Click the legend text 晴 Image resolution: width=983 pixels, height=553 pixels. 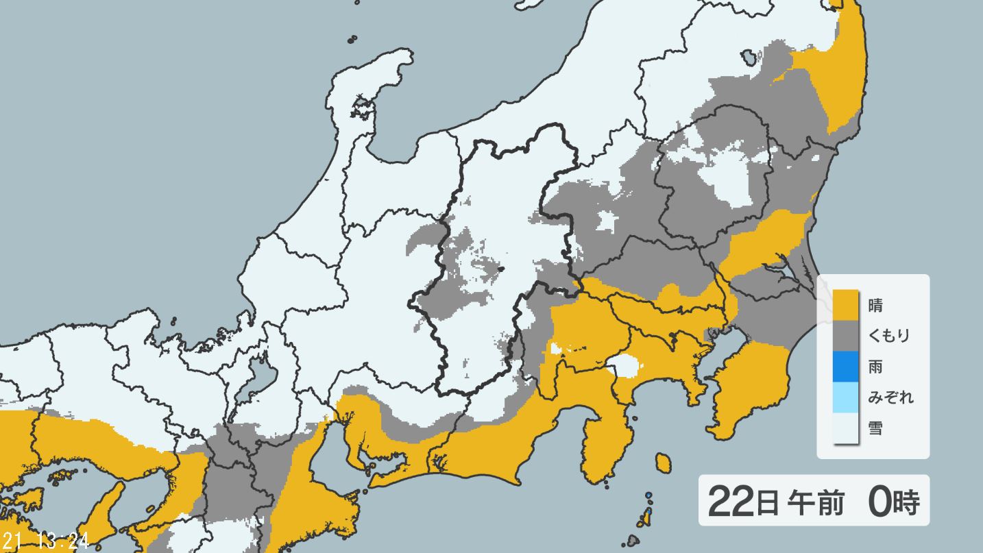pyautogui.click(x=875, y=304)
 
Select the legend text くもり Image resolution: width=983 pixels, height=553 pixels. pyautogui.click(x=889, y=335)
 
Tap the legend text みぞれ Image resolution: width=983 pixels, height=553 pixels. pyautogui.click(x=890, y=397)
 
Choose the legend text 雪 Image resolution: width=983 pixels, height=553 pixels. pyautogui.click(x=875, y=428)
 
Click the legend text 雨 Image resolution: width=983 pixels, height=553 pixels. pyautogui.click(x=875, y=366)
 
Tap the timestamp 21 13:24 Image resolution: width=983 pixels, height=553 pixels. pyautogui.click(x=45, y=541)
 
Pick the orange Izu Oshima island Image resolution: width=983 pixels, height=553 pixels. pyautogui.click(x=662, y=463)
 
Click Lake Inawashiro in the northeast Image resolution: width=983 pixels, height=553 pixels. pyautogui.click(x=749, y=56)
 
